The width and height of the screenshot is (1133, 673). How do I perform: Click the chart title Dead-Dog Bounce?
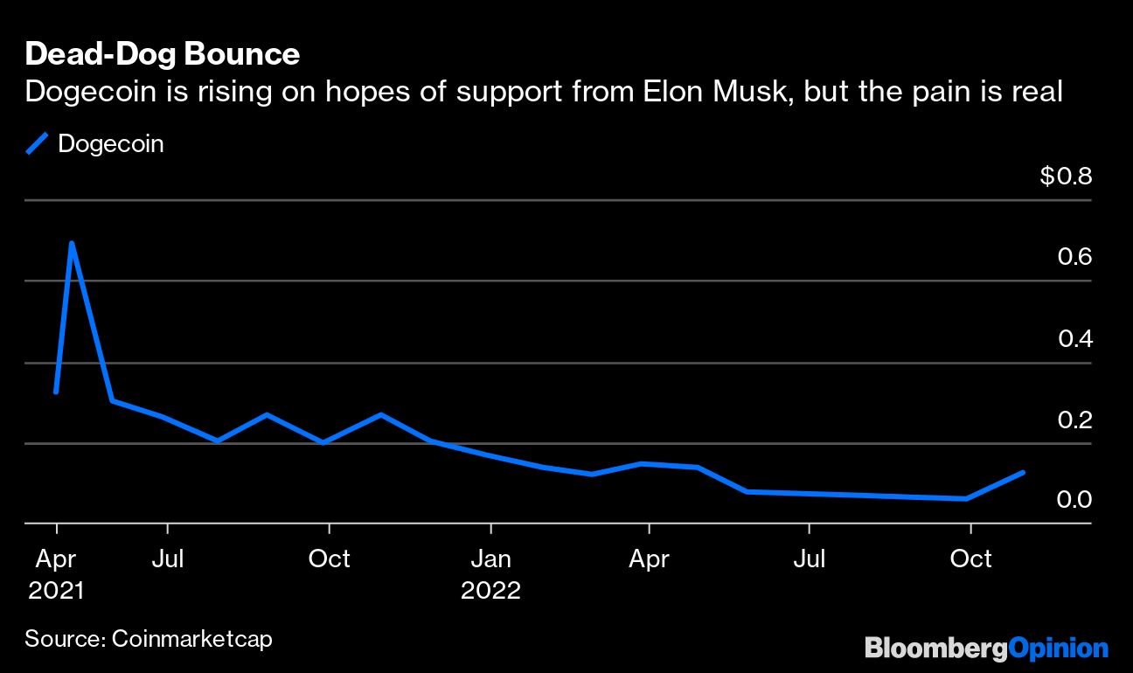pyautogui.click(x=162, y=55)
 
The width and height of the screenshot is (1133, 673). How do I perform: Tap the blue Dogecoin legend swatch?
pyautogui.click(x=38, y=143)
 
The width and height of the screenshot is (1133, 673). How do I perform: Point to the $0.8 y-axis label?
pyautogui.click(x=1066, y=177)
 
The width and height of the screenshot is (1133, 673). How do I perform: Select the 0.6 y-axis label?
pyautogui.click(x=1075, y=257)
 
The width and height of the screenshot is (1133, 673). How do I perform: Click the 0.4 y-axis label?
pyautogui.click(x=1075, y=338)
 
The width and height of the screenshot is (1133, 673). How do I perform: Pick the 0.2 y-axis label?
pyautogui.click(x=1075, y=420)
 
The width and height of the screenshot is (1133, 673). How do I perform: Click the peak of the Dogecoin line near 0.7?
pyautogui.click(x=71, y=243)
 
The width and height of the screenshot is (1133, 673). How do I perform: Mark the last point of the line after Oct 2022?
pyautogui.click(x=1023, y=472)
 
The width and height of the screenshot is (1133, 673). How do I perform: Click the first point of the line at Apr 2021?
pyautogui.click(x=56, y=392)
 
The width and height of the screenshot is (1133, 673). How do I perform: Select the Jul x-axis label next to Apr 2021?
pyautogui.click(x=167, y=559)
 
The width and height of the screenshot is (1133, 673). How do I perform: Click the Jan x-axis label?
pyautogui.click(x=491, y=559)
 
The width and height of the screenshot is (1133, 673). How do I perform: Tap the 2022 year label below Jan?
pyautogui.click(x=491, y=590)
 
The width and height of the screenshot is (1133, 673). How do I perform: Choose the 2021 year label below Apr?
pyautogui.click(x=56, y=590)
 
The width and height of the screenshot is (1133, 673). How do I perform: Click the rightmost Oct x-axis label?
pyautogui.click(x=970, y=559)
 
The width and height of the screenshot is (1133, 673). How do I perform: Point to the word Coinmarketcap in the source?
pyautogui.click(x=191, y=639)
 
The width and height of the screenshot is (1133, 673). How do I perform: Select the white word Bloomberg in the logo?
pyautogui.click(x=935, y=649)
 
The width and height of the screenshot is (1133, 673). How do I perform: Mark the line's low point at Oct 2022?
pyautogui.click(x=965, y=498)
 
